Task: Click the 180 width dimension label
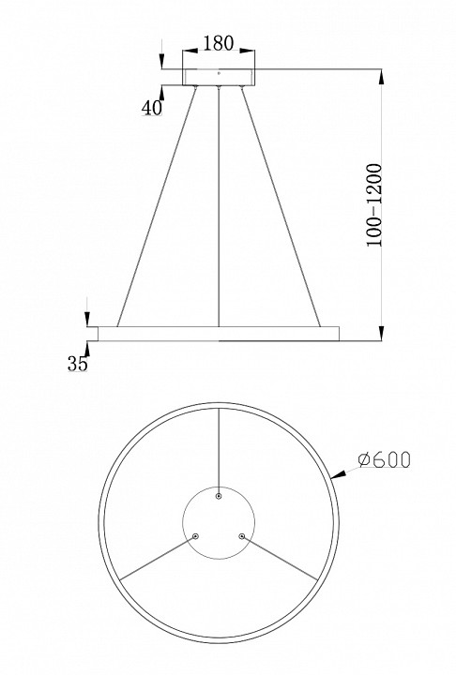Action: pos(218,43)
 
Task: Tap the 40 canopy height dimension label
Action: pos(152,107)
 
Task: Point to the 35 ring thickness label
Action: pos(77,365)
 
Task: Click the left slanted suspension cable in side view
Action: pos(158,206)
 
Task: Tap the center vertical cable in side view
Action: pos(219,206)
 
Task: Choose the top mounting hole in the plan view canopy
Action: pos(219,496)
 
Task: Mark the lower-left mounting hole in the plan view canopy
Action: pos(196,535)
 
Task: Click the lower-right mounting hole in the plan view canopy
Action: pos(241,535)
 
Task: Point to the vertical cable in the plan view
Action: pos(219,450)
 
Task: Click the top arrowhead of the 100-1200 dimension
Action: pos(381,77)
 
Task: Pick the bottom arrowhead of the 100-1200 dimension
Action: pos(381,332)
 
